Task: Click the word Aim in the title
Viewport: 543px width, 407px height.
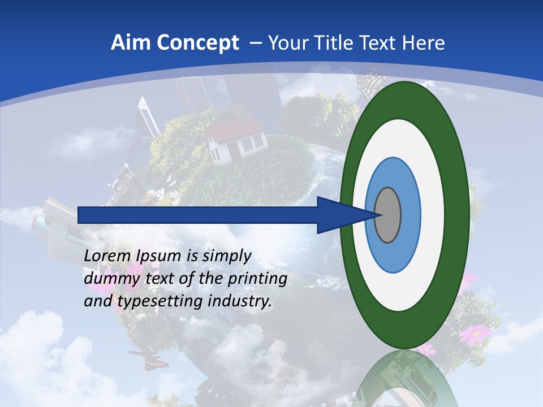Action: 130,43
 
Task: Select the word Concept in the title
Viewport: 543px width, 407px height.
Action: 197,44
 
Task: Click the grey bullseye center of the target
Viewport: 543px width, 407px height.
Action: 388,215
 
